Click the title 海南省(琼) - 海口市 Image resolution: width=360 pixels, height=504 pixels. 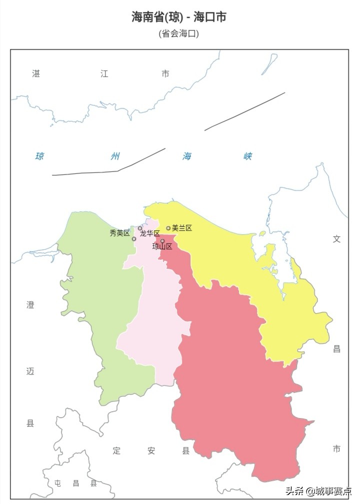tap(179, 17)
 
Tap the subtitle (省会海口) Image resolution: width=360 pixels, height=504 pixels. tap(179, 34)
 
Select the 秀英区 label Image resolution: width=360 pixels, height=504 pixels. tap(119, 233)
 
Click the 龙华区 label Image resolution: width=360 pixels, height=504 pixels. tap(150, 233)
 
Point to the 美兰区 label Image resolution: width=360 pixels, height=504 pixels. tap(182, 228)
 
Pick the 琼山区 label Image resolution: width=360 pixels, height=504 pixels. tap(162, 246)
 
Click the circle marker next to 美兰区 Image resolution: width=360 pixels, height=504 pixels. tap(168, 228)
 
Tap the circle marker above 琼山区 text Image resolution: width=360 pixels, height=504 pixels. tap(162, 241)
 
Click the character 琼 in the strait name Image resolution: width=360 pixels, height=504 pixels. tap(39, 156)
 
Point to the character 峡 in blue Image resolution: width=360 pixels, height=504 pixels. tap(247, 156)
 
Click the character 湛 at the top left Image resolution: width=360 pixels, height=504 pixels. tap(36, 74)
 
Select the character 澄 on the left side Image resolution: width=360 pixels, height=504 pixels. tap(30, 305)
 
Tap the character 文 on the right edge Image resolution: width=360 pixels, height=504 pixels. tap(336, 239)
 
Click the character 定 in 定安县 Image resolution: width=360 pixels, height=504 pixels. tap(116, 451)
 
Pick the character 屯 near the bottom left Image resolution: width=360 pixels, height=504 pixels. tap(58, 483)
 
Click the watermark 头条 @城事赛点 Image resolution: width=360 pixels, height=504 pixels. tap(318, 491)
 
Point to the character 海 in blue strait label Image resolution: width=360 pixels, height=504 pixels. tap(187, 156)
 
